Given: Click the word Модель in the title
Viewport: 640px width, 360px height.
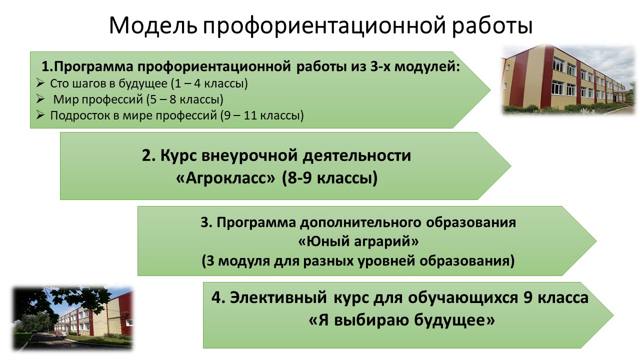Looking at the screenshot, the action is tap(153, 25).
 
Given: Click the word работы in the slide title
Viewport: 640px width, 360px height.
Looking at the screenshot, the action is tap(492, 26).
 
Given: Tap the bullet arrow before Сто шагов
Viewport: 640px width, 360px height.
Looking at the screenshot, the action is tap(40, 83).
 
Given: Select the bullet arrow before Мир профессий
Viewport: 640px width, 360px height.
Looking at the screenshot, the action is tap(40, 99).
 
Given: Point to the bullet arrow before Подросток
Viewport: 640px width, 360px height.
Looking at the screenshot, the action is tap(40, 115).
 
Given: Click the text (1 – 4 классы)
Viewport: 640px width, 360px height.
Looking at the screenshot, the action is tap(209, 83).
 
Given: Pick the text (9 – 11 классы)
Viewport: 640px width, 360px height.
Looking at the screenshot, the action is tap(262, 115).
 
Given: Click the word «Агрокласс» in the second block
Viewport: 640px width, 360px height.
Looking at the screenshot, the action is tap(225, 178).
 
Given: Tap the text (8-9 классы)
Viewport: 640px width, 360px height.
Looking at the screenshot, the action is tap(329, 178).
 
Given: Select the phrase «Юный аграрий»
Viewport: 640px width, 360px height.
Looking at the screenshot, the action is tap(358, 241).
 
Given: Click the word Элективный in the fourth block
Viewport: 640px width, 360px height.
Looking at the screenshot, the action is tap(278, 297).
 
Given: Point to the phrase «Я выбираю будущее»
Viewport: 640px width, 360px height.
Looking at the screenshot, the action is tap(401, 320).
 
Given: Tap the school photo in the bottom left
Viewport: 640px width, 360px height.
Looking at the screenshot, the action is tap(73, 318).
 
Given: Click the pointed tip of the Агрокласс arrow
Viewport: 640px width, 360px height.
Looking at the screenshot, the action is tap(510, 165).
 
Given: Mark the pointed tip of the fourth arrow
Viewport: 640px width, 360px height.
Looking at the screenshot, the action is tap(613, 315).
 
